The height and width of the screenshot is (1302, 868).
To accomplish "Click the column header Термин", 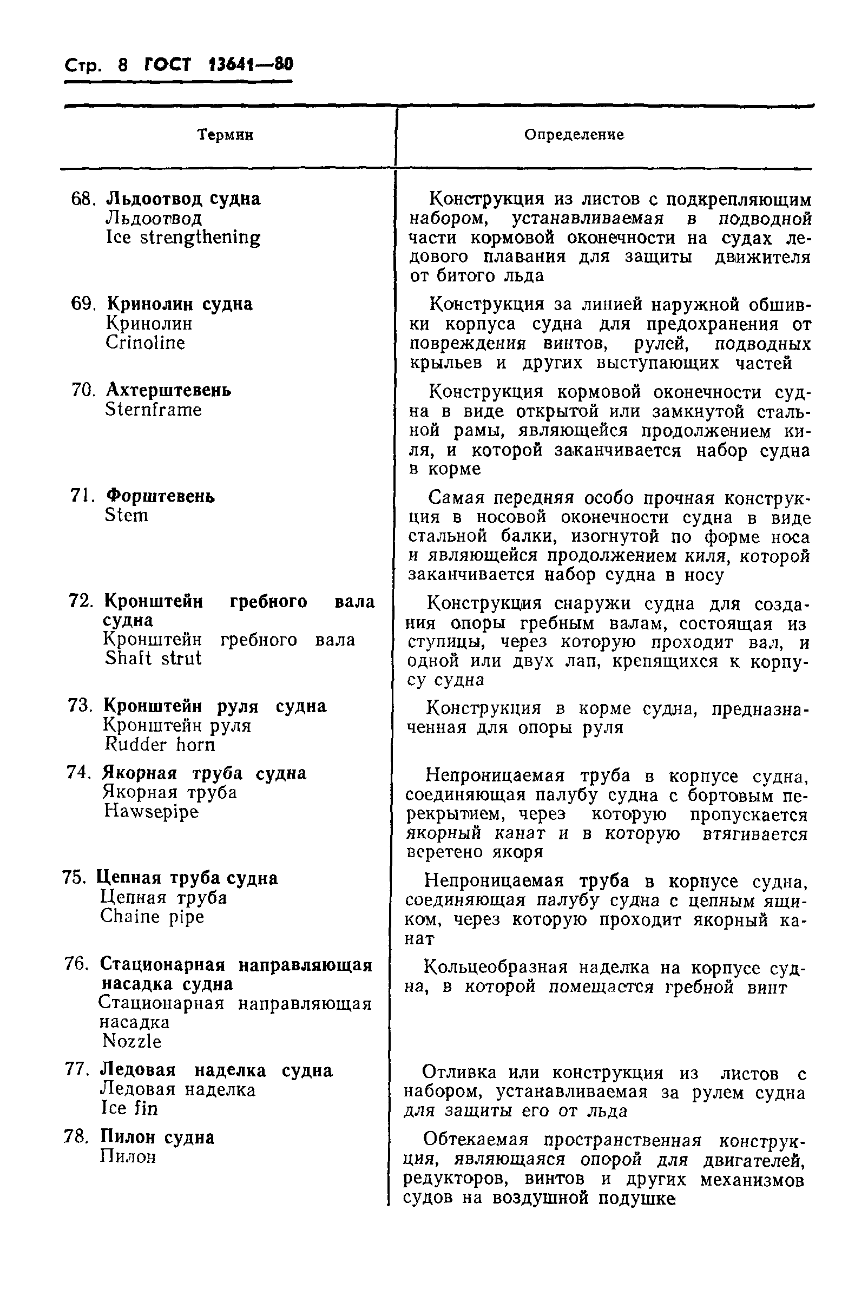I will click(225, 135).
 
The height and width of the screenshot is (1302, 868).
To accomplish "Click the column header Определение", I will click(574, 135).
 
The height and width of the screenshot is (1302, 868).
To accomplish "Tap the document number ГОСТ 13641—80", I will click(218, 65).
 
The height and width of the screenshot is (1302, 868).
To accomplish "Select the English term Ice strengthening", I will click(183, 238).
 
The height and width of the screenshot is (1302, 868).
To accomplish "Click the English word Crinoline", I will click(145, 343).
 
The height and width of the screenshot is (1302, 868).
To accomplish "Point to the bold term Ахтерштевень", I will click(168, 390).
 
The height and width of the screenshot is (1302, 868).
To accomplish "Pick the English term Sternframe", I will click(153, 410).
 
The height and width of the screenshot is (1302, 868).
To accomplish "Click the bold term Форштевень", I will click(160, 496).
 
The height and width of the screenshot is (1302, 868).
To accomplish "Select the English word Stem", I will click(126, 515).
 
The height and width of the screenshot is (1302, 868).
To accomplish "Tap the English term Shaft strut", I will click(153, 659).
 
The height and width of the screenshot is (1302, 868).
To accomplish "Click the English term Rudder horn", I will click(160, 745).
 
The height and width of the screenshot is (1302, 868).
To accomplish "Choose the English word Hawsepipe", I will click(150, 812).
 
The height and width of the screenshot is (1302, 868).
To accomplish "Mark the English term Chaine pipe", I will click(152, 917).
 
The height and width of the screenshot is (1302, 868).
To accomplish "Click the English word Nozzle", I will click(131, 1042).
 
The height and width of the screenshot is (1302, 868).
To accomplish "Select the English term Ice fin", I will click(129, 1108).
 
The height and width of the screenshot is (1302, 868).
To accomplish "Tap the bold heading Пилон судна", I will click(157, 1137).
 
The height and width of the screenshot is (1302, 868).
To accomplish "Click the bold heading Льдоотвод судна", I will click(183, 199).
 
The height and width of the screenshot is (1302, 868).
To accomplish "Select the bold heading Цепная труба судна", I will click(187, 878).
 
